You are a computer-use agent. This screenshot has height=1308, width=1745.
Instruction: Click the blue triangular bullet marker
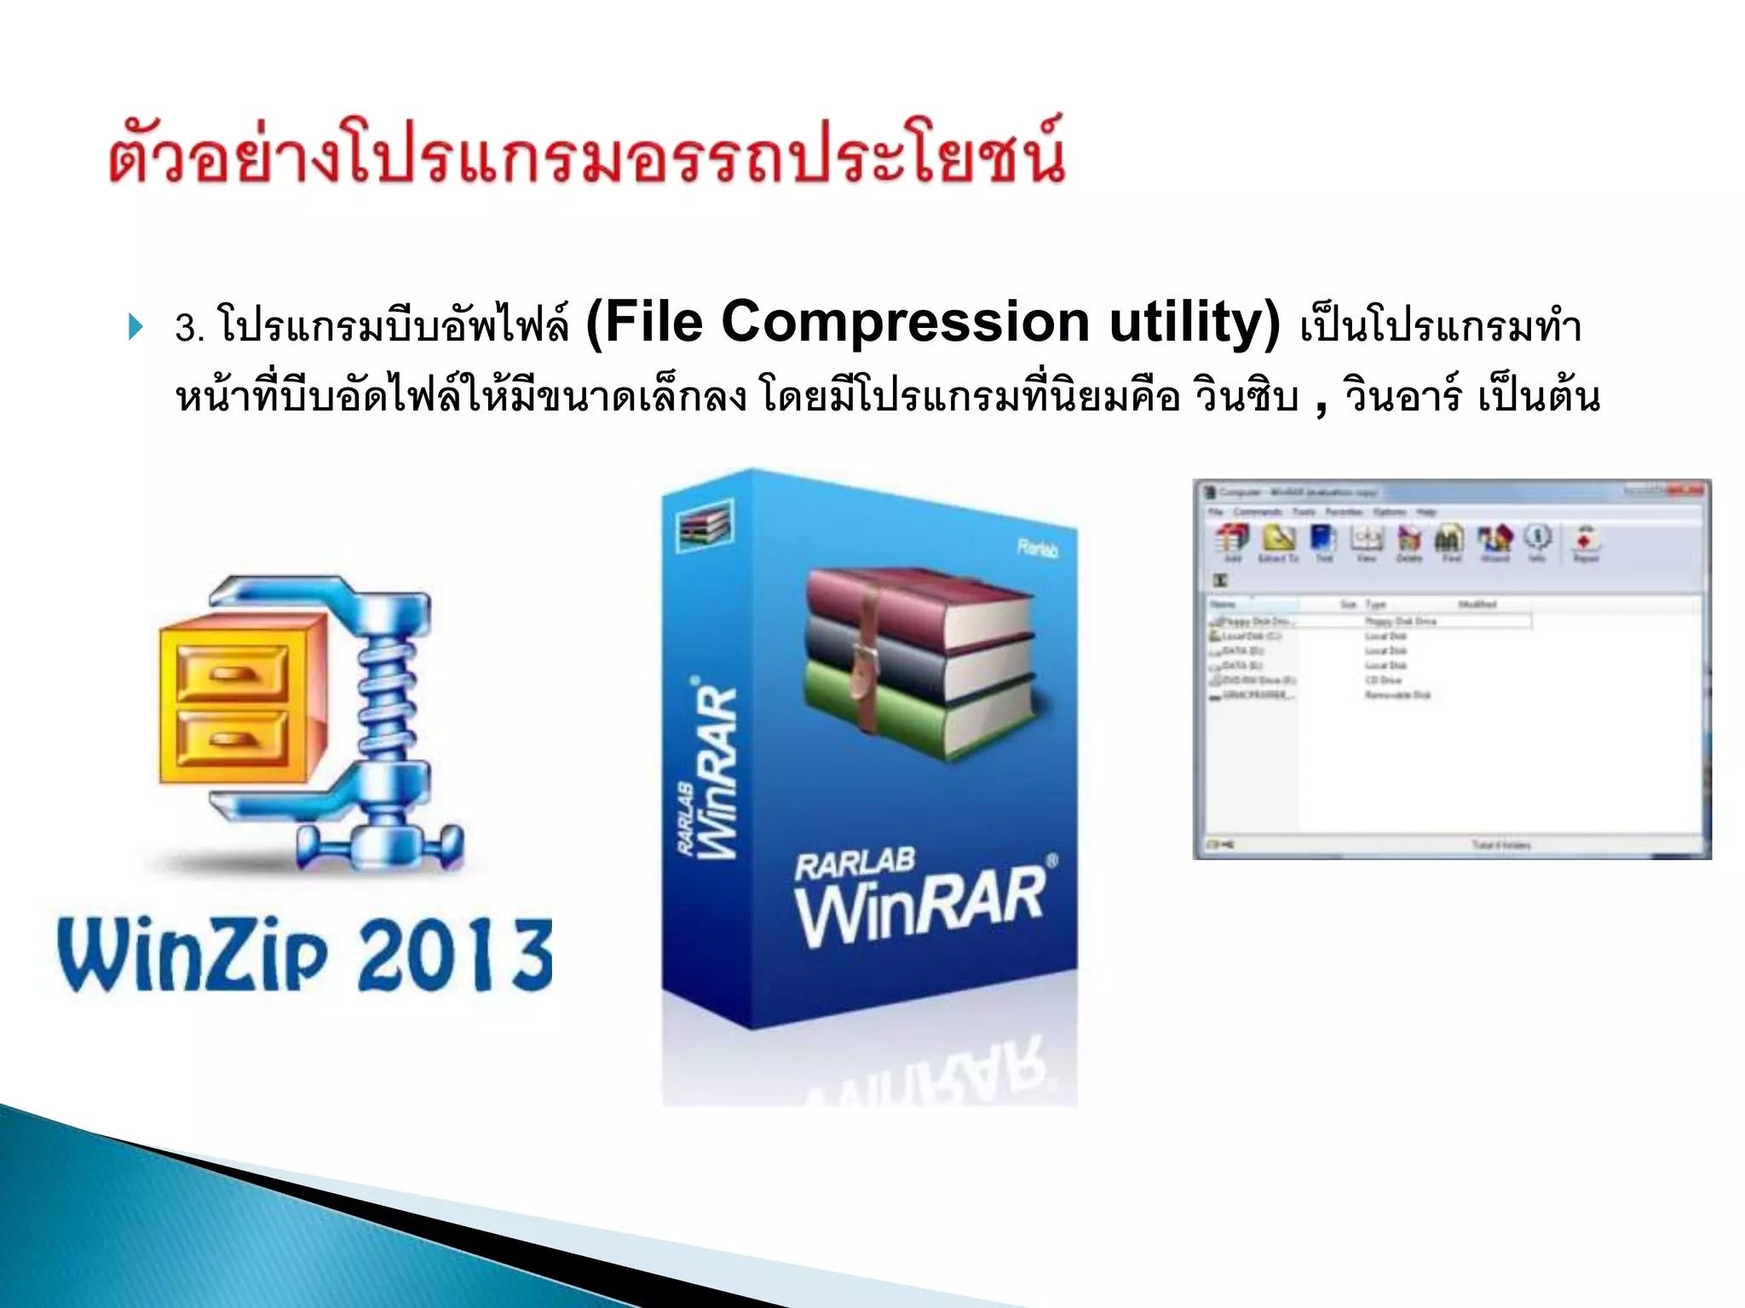(135, 326)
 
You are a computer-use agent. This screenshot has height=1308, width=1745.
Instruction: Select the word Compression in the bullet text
(905, 323)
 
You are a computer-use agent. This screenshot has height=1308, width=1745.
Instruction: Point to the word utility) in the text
(1193, 323)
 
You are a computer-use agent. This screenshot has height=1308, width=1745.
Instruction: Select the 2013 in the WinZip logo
(455, 955)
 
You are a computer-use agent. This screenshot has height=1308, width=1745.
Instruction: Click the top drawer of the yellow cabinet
(232, 670)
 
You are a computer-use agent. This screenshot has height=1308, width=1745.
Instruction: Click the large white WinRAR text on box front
(920, 904)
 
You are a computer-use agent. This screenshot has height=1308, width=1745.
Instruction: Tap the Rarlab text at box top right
(1037, 548)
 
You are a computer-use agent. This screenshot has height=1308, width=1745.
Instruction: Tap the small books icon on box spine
(704, 525)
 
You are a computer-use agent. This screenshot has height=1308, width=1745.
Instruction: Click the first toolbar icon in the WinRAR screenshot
(1232, 540)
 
